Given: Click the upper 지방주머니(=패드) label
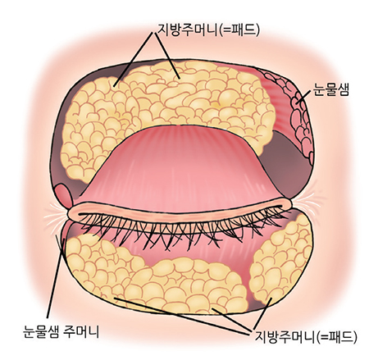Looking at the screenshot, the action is tap(208, 30).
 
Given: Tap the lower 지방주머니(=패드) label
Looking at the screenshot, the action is tap(306, 337).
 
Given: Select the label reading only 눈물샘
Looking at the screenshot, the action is tap(331, 89).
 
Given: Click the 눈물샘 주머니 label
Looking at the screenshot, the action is tap(61, 332).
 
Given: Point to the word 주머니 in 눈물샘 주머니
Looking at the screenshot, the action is tap(81, 332).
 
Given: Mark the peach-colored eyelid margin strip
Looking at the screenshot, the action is tap(179, 211).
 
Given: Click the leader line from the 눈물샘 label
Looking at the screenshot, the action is tap(304, 97).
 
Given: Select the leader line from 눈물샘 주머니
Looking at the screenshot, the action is tap(56, 278).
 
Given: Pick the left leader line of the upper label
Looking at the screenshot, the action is tap(134, 59).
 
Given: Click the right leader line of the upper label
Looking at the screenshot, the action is tap(167, 56).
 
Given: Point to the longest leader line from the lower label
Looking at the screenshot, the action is tap(183, 315).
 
